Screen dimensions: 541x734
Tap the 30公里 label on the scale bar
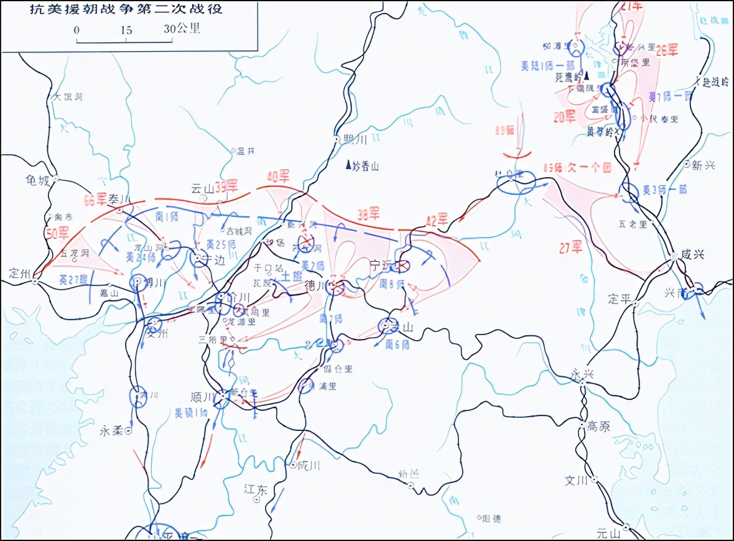pyautogui.click(x=182, y=29)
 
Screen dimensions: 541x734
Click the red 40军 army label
pyautogui.click(x=278, y=177)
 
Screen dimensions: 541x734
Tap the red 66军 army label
pyautogui.click(x=96, y=200)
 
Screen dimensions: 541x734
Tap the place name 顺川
pyautogui.click(x=202, y=397)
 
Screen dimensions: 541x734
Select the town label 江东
pyautogui.click(x=255, y=490)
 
